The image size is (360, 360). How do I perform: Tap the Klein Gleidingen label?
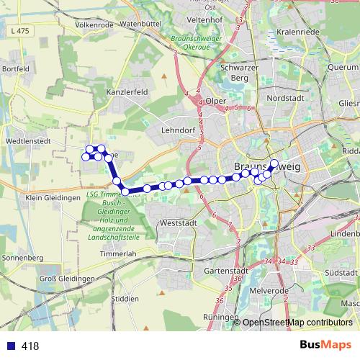point(52,197)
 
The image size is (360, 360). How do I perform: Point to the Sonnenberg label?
point(22,257)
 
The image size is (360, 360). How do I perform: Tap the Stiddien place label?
point(126,298)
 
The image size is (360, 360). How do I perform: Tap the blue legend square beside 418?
point(9,346)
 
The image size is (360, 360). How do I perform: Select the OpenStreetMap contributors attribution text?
point(297,323)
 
